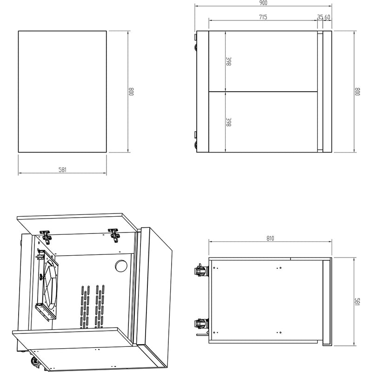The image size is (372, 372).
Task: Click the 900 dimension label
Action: (263, 3)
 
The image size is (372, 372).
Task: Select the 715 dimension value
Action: (263, 17)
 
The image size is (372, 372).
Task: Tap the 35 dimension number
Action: (320, 17)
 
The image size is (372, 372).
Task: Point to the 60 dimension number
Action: (327, 17)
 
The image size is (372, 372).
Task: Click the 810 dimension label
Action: (270, 238)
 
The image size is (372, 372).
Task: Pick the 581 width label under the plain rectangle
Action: (62, 170)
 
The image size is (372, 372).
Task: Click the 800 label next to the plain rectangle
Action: (132, 92)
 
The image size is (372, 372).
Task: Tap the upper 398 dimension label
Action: (229, 61)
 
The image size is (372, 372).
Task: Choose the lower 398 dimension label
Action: (229, 122)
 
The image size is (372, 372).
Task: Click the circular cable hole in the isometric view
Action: (121, 266)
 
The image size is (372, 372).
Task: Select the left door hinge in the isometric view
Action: (46, 236)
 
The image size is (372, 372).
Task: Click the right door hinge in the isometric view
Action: (114, 235)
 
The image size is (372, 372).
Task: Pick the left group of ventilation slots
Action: (85, 307)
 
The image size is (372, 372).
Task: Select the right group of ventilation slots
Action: (100, 306)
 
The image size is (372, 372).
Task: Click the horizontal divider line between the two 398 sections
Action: (263, 91)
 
